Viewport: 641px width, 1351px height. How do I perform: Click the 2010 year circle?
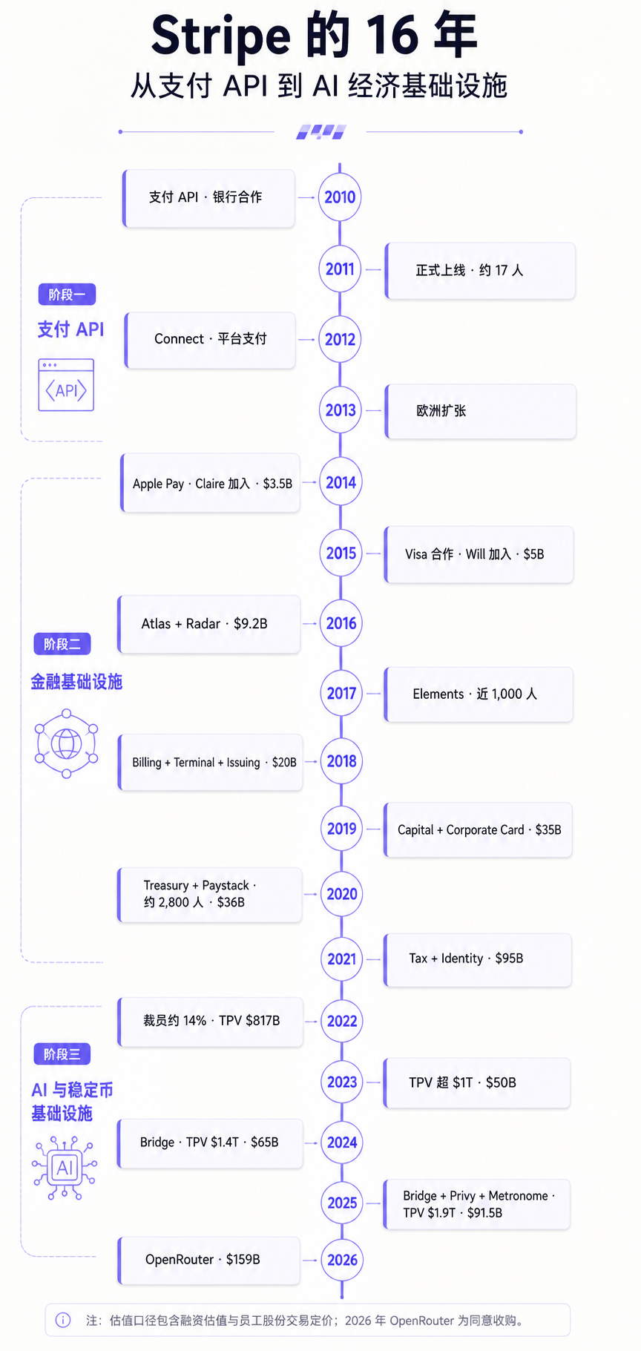(340, 197)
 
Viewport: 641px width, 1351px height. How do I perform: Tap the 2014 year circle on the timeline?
(341, 482)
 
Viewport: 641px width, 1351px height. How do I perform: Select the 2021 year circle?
(342, 959)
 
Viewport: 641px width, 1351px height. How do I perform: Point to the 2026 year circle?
(342, 1260)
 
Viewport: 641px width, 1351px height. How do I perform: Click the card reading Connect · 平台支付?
(210, 340)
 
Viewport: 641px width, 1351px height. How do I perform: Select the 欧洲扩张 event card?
(480, 411)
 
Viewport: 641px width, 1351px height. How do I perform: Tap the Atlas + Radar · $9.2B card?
(209, 624)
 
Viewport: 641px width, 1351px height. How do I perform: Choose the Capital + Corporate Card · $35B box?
(478, 829)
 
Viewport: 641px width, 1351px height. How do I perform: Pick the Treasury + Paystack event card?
(210, 894)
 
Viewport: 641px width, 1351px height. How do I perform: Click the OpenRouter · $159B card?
(209, 1260)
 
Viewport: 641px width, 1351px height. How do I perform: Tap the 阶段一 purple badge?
(67, 295)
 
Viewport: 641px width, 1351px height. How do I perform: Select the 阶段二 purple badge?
(62, 644)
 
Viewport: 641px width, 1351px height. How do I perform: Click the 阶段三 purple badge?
(62, 1054)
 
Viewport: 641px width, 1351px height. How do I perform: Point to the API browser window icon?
(66, 384)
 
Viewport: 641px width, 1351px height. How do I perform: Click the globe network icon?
(66, 743)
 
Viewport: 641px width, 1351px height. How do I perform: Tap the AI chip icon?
(65, 1168)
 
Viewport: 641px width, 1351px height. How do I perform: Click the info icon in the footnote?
(63, 1320)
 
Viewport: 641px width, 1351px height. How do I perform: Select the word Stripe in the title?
(220, 36)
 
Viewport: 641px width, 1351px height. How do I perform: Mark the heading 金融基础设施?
(76, 682)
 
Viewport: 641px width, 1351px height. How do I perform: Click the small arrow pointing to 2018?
(312, 762)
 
